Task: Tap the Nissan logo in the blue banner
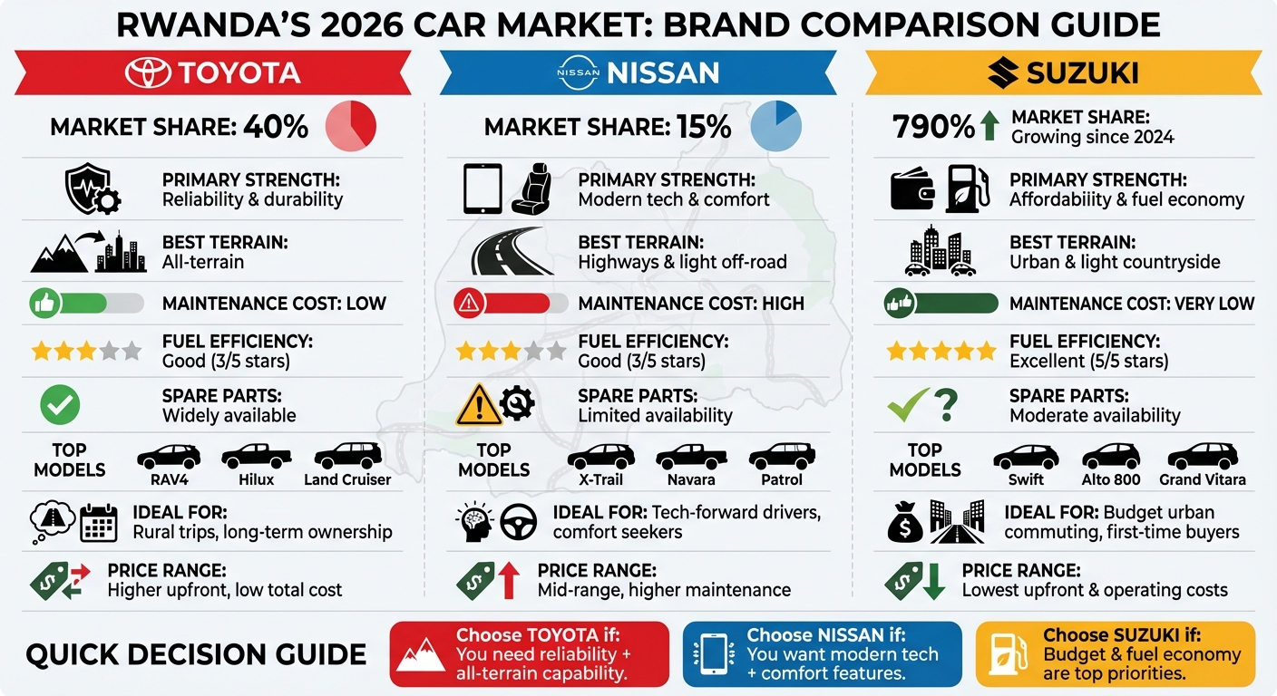[x=577, y=72]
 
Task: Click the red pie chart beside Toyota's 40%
[x=350, y=126]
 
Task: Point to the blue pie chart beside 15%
[x=776, y=126]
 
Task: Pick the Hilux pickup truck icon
[x=257, y=456]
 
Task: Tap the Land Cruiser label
[x=347, y=479]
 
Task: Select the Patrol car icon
[x=781, y=456]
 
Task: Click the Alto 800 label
[x=1110, y=479]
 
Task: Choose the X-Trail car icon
[x=600, y=456]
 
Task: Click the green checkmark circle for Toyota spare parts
[x=61, y=406]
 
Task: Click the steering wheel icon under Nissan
[x=519, y=522]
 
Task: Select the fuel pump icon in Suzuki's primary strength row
[x=968, y=188]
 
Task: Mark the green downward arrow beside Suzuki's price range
[x=932, y=581]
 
